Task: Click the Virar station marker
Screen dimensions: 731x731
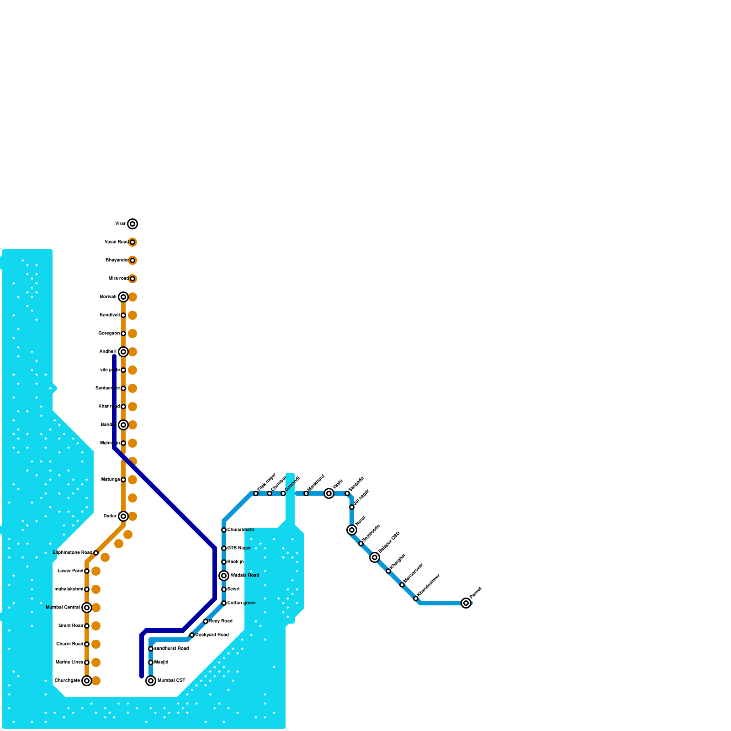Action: pyautogui.click(x=132, y=224)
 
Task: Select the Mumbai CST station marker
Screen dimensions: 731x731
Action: pyautogui.click(x=151, y=681)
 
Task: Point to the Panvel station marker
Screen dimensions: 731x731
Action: pyautogui.click(x=466, y=603)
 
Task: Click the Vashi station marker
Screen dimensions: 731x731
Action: pyautogui.click(x=329, y=493)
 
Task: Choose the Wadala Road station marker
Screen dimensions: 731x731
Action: pyautogui.click(x=224, y=576)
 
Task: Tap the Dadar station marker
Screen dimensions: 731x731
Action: pyautogui.click(x=123, y=516)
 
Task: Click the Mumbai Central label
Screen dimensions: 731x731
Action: pyautogui.click(x=63, y=608)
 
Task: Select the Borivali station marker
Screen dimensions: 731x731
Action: pyautogui.click(x=123, y=297)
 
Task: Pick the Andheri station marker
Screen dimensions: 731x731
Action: pyautogui.click(x=123, y=352)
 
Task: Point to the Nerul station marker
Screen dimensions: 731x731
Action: pyautogui.click(x=352, y=530)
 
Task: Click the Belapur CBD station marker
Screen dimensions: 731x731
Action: pyautogui.click(x=375, y=557)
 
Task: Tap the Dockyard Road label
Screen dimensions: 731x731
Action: pyautogui.click(x=212, y=635)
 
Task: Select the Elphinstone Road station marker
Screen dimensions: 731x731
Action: pyautogui.click(x=96, y=553)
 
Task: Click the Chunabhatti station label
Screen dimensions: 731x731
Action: pyautogui.click(x=240, y=530)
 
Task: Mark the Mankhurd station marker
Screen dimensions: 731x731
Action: pyautogui.click(x=306, y=493)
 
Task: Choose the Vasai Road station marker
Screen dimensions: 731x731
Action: pyautogui.click(x=132, y=242)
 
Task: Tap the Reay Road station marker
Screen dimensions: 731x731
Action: pyautogui.click(x=206, y=621)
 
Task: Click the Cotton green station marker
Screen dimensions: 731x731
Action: pyautogui.click(x=224, y=603)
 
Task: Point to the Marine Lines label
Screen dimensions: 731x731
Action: pyautogui.click(x=69, y=662)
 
